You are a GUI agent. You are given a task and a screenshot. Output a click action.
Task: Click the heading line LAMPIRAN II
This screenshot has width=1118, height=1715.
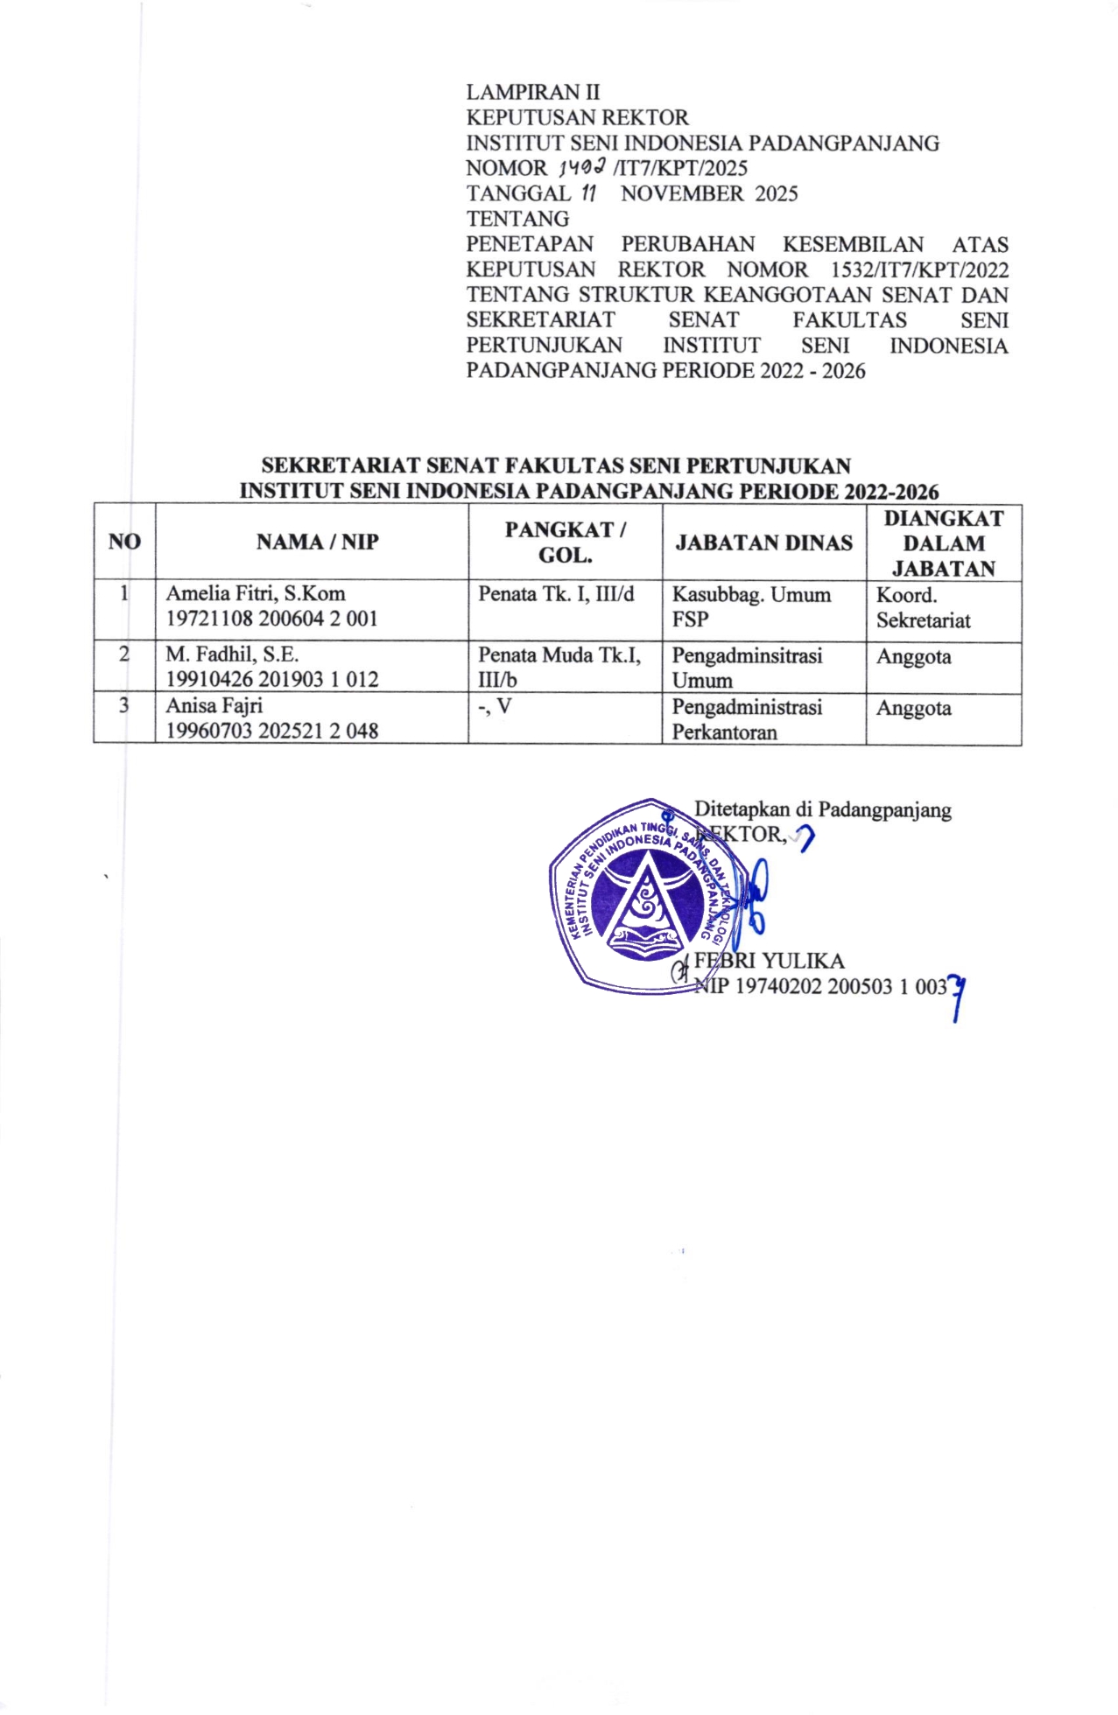point(532,92)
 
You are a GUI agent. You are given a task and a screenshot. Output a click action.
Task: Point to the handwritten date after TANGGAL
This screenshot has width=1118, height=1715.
point(589,193)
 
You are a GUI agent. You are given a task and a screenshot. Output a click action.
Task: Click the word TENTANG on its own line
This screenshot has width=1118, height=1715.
point(517,219)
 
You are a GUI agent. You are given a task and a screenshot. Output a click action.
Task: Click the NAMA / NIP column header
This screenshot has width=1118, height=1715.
point(317,542)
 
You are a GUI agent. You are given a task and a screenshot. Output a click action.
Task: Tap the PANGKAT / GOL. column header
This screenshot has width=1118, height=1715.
point(565,542)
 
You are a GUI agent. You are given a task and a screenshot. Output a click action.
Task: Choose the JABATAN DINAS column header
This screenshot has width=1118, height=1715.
point(763,542)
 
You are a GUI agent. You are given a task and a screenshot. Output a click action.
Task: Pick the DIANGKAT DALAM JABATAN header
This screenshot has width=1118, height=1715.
point(944,543)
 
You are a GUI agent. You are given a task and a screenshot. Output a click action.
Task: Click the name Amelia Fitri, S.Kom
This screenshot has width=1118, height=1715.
point(256,593)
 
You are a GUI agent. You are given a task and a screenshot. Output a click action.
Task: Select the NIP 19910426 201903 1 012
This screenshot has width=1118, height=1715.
point(272,679)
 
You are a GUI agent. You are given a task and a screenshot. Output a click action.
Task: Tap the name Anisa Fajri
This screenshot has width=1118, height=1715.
point(214,705)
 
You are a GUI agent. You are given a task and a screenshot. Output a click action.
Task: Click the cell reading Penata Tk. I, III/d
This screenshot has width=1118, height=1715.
point(556,594)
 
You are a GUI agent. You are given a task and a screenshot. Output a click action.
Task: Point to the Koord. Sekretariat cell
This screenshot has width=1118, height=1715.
point(923,608)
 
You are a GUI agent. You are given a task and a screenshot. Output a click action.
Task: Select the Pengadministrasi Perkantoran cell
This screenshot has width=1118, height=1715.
point(747,719)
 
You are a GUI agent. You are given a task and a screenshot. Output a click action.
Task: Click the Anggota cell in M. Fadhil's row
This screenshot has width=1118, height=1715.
point(913,657)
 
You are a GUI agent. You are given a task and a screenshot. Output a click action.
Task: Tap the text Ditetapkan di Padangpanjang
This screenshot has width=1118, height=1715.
point(822,809)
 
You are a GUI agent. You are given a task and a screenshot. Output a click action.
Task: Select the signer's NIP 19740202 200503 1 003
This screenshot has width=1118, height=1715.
point(821,987)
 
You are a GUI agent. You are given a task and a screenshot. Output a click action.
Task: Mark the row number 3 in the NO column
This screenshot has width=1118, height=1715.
point(123,705)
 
